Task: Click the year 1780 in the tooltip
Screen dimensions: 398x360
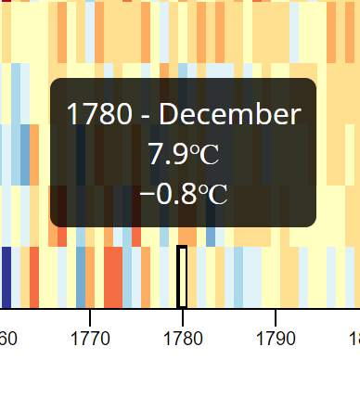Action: [x=97, y=115]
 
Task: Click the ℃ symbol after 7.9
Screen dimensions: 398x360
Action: [x=207, y=154]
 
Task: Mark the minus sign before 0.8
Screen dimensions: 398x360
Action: [x=147, y=195]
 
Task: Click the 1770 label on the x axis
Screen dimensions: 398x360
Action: [x=89, y=336]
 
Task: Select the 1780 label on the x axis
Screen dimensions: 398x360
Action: [x=182, y=336]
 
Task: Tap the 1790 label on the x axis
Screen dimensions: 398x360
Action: [x=275, y=336]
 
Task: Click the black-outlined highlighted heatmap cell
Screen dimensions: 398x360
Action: [x=182, y=276]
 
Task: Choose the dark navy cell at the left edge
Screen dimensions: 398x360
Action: [x=6, y=276]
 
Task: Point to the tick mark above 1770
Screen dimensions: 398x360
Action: [x=89, y=314]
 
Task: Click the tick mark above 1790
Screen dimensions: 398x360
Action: [x=275, y=314]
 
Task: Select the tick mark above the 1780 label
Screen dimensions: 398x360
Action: [x=182, y=314]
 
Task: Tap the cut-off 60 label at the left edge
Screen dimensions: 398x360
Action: [x=7, y=336]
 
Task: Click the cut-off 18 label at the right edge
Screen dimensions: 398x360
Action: [x=354, y=336]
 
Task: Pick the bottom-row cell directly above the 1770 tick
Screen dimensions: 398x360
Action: [x=89, y=276]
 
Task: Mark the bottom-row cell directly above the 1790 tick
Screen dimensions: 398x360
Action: [x=275, y=276]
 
